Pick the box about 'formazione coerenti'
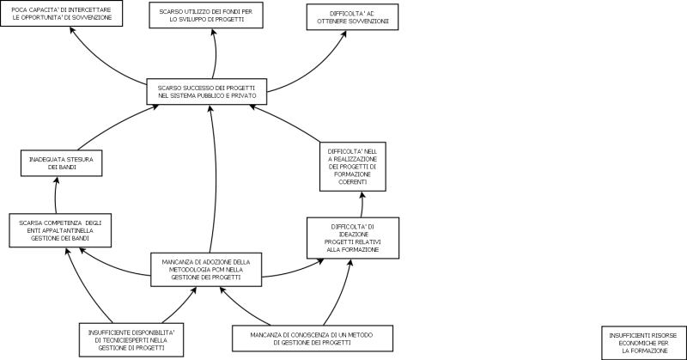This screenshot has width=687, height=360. [353, 166]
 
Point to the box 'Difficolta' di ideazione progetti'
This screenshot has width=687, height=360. [353, 237]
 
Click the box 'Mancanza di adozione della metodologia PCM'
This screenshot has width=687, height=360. [206, 269]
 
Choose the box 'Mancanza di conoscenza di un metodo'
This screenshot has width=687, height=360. [313, 338]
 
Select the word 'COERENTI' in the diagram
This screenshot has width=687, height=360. [353, 182]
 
